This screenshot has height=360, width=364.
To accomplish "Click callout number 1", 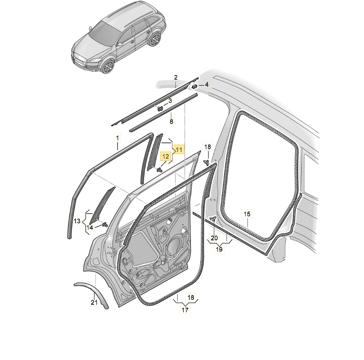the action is (x=118, y=138).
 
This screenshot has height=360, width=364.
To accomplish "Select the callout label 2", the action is (x=176, y=78).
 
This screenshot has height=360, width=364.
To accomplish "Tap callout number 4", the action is (x=207, y=85).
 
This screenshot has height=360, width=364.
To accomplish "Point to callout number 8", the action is (x=171, y=121).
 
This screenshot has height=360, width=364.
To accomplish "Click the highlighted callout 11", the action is (x=179, y=150).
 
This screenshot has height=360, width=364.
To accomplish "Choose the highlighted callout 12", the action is (x=166, y=156).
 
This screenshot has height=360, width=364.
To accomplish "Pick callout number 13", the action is (x=77, y=221).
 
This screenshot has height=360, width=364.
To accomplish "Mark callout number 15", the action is (x=247, y=214).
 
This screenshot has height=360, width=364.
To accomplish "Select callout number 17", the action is (x=185, y=310).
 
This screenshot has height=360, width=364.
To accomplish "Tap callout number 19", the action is (x=219, y=249).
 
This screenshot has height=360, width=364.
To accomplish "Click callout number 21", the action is (x=94, y=303).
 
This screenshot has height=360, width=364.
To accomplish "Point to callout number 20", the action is (x=214, y=238).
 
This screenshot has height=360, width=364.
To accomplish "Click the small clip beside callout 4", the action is (x=195, y=86).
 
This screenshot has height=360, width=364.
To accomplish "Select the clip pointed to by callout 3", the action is (x=160, y=108).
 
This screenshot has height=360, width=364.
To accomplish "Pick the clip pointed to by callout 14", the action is (x=105, y=224).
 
